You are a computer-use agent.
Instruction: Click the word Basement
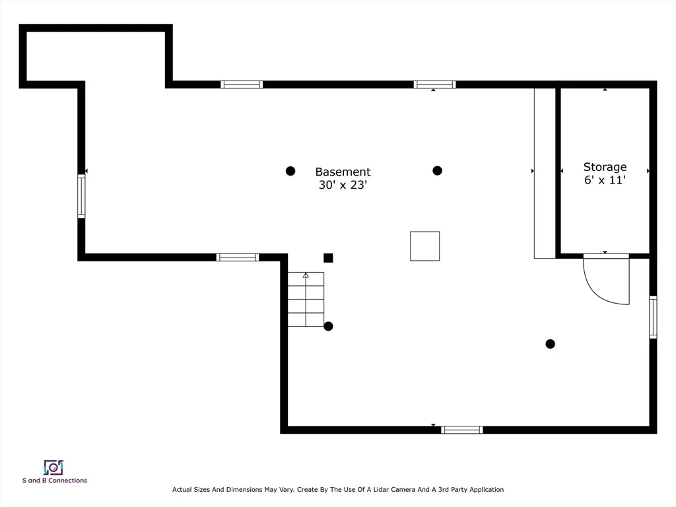tap(343, 172)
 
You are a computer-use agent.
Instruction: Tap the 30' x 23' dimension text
tap(343, 185)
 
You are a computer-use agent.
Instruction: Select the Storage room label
tap(605, 167)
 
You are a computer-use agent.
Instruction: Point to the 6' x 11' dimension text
tap(605, 180)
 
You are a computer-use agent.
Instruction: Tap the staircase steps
tap(306, 299)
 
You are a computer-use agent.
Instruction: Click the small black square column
tap(328, 258)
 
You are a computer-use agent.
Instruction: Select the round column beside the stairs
tap(329, 326)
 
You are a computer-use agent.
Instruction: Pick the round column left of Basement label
tap(290, 171)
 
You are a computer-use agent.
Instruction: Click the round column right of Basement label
tap(437, 171)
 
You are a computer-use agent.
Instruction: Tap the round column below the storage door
tap(550, 343)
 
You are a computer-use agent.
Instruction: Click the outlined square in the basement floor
tap(424, 246)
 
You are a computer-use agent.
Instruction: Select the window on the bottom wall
tap(461, 430)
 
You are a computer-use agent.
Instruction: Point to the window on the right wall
tap(653, 317)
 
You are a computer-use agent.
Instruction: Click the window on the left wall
tap(81, 196)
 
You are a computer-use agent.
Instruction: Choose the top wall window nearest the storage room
tap(434, 84)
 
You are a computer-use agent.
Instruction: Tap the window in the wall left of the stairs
tap(238, 257)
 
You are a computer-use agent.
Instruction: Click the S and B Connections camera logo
tap(53, 467)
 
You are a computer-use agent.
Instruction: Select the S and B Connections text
tap(55, 481)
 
